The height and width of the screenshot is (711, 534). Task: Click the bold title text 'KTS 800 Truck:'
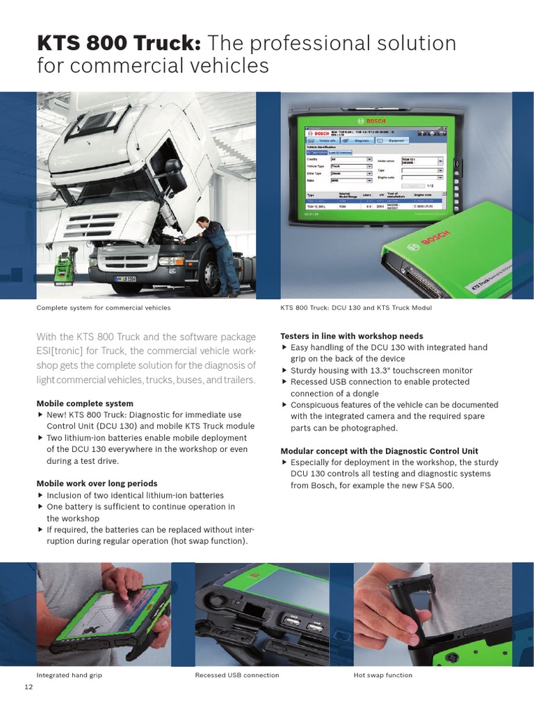click(118, 44)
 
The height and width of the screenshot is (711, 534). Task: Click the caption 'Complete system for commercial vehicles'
click(103, 308)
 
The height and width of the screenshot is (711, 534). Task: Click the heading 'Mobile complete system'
click(84, 403)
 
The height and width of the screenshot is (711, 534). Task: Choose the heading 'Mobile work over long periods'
click(97, 483)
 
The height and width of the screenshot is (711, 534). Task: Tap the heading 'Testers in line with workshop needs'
click(351, 336)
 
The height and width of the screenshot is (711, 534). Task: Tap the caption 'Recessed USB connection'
click(236, 675)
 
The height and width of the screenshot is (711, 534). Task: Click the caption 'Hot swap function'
click(382, 675)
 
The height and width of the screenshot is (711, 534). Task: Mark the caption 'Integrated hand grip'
click(69, 675)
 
